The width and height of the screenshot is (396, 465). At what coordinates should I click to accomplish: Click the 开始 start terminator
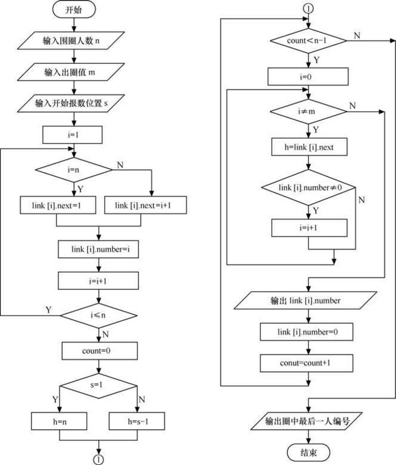[x=74, y=10]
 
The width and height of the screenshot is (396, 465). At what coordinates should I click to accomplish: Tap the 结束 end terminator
[x=308, y=453]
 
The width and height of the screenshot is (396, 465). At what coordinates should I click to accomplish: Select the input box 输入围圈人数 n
[x=71, y=40]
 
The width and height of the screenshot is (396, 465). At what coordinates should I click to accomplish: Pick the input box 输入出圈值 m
[x=71, y=72]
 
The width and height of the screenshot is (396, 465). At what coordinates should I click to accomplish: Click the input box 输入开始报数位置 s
[x=71, y=103]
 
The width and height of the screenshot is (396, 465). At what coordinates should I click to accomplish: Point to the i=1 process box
[x=72, y=135]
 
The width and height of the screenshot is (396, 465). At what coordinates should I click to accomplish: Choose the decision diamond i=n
[x=74, y=170]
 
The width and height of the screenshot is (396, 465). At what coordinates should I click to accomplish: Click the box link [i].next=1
[x=58, y=205]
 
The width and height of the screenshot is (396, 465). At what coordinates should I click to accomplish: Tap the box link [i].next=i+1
[x=146, y=205]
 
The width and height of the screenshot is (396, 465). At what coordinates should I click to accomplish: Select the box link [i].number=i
[x=98, y=249]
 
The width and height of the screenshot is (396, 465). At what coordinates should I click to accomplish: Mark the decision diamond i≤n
[x=99, y=315]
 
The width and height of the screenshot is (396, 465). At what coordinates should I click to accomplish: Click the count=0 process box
[x=99, y=351]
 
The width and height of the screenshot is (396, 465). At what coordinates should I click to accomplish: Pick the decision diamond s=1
[x=99, y=386]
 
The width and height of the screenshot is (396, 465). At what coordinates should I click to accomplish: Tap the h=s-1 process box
[x=137, y=421]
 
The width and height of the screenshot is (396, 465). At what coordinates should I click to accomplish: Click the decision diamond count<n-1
[x=308, y=41]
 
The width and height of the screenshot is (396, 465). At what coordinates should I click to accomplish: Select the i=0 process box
[x=308, y=77]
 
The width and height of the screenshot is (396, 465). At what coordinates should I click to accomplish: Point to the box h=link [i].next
[x=309, y=147]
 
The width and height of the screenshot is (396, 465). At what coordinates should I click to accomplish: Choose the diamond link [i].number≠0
[x=308, y=187]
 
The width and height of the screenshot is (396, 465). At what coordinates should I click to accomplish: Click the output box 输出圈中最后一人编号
[x=306, y=421]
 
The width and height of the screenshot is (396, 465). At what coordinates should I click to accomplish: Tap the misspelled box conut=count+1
[x=306, y=363]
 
